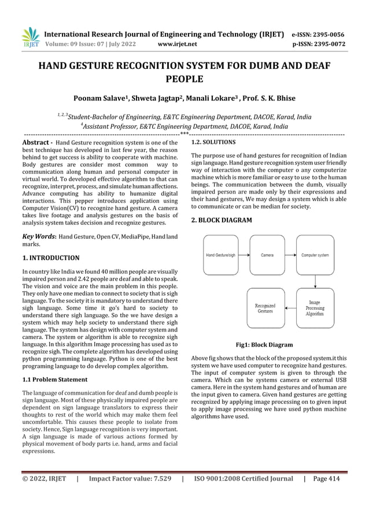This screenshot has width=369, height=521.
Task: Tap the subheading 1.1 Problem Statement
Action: [55, 379]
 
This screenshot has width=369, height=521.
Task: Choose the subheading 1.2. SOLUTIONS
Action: [213, 142]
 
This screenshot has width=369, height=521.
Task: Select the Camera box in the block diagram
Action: [267, 255]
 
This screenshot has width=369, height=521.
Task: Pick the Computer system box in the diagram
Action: [315, 255]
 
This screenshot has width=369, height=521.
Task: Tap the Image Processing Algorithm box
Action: [315, 307]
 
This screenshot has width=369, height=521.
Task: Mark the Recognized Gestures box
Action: [265, 307]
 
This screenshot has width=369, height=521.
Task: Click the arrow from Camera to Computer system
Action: [291, 255]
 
